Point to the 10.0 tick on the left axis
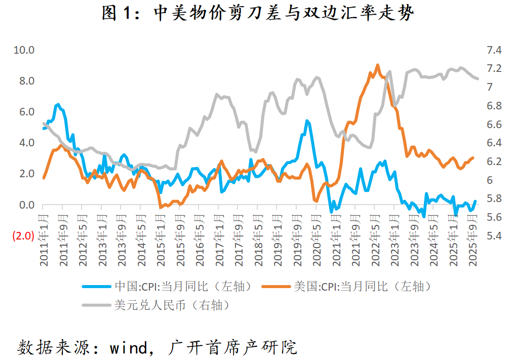[24, 50]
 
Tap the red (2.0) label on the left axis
[23, 236]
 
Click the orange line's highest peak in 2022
[377, 65]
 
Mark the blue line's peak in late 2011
[58, 104]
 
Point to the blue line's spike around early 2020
[307, 121]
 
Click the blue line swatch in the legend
[97, 287]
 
